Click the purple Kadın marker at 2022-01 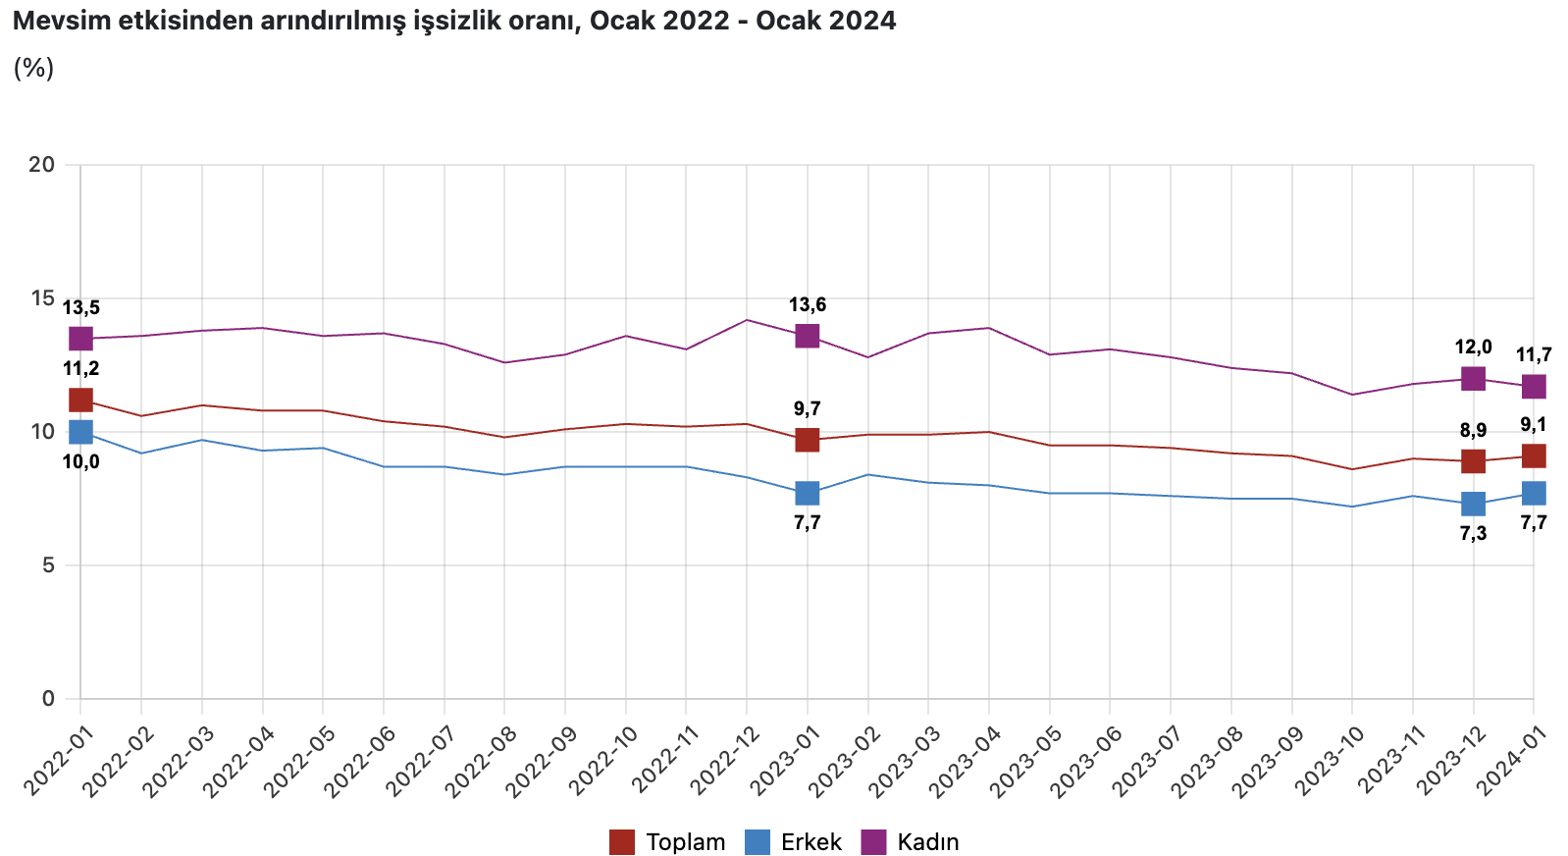[80, 339]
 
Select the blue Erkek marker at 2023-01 [807, 493]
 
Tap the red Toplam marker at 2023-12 [1473, 460]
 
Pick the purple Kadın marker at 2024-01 [1534, 387]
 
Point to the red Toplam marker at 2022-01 [80, 400]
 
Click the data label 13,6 [807, 305]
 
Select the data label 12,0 [1473, 347]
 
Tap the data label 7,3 [1473, 534]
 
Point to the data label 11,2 [80, 369]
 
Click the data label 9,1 [1533, 425]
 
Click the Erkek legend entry [794, 842]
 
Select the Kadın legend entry [911, 842]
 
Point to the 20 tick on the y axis [41, 164]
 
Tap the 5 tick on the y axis [47, 565]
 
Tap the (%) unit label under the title [33, 68]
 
